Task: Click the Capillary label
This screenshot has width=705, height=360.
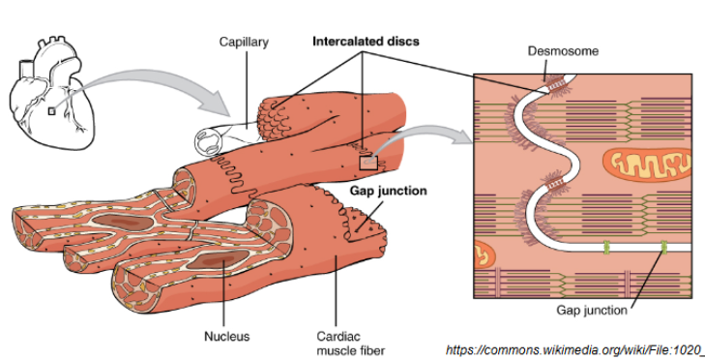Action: (x=243, y=43)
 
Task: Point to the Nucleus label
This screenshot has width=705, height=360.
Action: (x=226, y=337)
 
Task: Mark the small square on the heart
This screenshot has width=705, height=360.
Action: (x=51, y=111)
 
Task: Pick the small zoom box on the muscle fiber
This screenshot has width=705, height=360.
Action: (x=367, y=163)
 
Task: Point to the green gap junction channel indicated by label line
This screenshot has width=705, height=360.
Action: (x=664, y=250)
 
